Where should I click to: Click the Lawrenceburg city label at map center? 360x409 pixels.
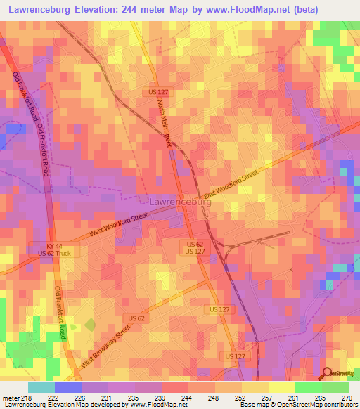tap(180, 202)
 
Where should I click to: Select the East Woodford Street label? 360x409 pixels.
tap(231, 185)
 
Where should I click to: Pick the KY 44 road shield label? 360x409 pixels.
tap(54, 245)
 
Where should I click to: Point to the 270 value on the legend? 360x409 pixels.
tap(347, 398)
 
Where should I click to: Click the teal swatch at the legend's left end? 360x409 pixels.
tap(41, 387)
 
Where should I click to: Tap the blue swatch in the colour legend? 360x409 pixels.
tap(68, 387)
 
